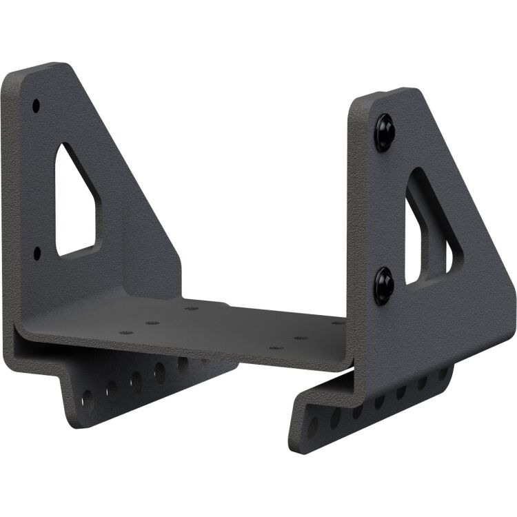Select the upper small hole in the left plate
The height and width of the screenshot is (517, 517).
tap(36, 105)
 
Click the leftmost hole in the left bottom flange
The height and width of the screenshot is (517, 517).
tap(88, 399)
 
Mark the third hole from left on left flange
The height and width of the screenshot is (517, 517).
tap(136, 378)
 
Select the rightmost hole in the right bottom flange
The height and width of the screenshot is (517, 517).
tap(443, 372)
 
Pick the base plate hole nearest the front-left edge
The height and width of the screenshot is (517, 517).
tap(126, 332)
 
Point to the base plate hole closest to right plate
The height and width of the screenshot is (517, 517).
tap(337, 323)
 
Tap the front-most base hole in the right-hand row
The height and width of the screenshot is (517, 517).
tap(275, 348)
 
